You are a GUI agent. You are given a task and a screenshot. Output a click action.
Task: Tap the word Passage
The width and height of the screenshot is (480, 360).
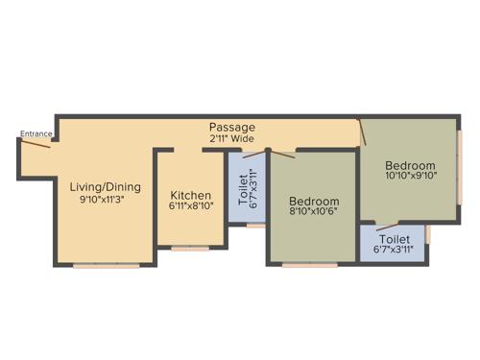pyautogui.click(x=232, y=127)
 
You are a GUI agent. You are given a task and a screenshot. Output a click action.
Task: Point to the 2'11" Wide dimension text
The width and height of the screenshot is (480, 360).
pyautogui.click(x=232, y=138)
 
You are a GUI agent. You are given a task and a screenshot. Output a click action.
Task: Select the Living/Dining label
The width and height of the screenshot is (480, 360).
pyautogui.click(x=106, y=186)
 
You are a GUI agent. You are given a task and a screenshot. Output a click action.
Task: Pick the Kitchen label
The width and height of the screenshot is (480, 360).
pyautogui.click(x=192, y=192)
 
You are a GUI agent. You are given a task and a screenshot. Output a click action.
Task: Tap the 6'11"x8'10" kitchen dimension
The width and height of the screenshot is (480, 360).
pyautogui.click(x=192, y=204)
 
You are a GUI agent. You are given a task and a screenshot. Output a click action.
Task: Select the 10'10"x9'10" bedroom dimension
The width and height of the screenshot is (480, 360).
pyautogui.click(x=410, y=176)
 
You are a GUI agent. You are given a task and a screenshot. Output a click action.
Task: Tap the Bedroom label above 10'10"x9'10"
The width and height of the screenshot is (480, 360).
pyautogui.click(x=410, y=164)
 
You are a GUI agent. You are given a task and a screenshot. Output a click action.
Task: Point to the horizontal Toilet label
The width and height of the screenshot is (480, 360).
pyautogui.click(x=395, y=238)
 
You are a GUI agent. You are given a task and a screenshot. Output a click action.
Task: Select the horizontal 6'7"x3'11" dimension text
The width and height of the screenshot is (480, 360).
pyautogui.click(x=395, y=250)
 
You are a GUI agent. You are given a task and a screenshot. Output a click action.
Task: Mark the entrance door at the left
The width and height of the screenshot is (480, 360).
pyautogui.click(x=36, y=143)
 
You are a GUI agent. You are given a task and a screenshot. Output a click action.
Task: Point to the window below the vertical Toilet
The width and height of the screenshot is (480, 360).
pyautogui.click(x=253, y=226)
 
